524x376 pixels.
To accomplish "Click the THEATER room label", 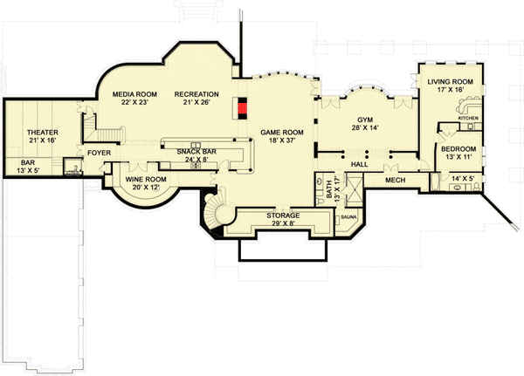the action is pyautogui.click(x=43, y=133).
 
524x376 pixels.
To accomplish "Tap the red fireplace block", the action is pyautogui.click(x=243, y=108).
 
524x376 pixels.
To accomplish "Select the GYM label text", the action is pyautogui.click(x=365, y=120).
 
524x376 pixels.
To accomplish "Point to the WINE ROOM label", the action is pyautogui.click(x=146, y=180).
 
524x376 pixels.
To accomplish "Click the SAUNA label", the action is pyautogui.click(x=348, y=217).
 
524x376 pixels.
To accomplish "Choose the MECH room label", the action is pyautogui.click(x=395, y=181).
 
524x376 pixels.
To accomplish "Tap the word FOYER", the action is pyautogui.click(x=100, y=153).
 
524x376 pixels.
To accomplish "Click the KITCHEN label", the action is pyautogui.click(x=468, y=119).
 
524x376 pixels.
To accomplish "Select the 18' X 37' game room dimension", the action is pyautogui.click(x=282, y=140).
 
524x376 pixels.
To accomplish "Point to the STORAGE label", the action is pyautogui.click(x=283, y=215).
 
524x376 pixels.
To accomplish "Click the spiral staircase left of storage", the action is pyautogui.click(x=217, y=212).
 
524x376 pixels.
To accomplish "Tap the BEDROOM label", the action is pyautogui.click(x=458, y=149).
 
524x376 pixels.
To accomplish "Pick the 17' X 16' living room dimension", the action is pyautogui.click(x=450, y=90).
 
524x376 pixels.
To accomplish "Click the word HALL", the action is pyautogui.click(x=359, y=164).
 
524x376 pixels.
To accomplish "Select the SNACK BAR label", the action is pyautogui.click(x=196, y=152).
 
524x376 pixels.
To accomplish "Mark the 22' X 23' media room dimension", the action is pyautogui.click(x=134, y=103).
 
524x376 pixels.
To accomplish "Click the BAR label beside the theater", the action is pyautogui.click(x=28, y=163).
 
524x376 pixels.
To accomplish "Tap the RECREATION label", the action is pyautogui.click(x=196, y=94).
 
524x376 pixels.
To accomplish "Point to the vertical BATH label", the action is pyautogui.click(x=328, y=189).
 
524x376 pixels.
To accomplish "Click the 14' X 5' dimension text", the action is pyautogui.click(x=462, y=178).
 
